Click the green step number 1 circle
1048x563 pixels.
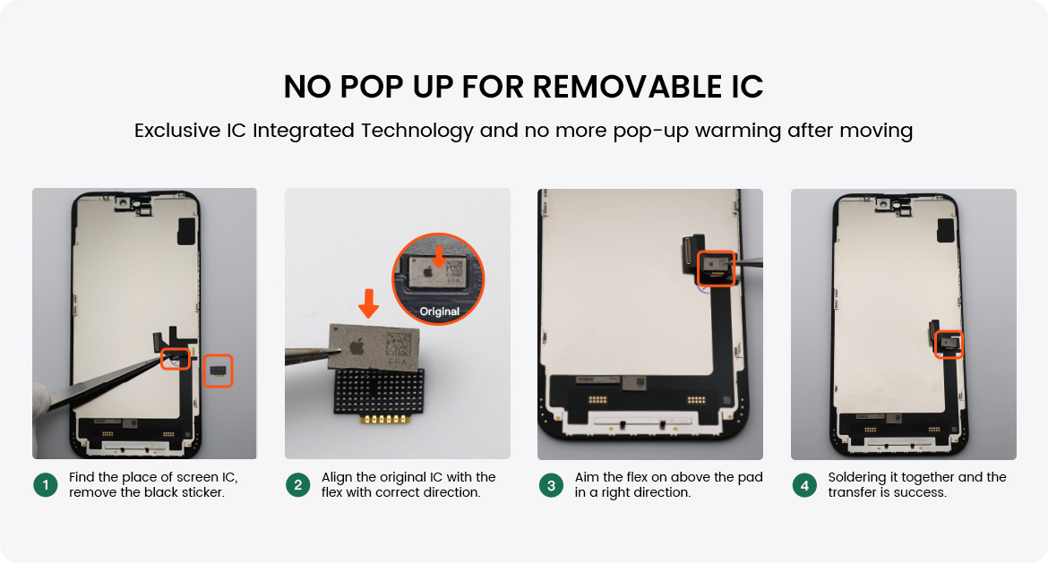pyautogui.click(x=46, y=485)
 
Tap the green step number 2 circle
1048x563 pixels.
pyautogui.click(x=298, y=485)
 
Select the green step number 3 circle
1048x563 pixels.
pyautogui.click(x=552, y=485)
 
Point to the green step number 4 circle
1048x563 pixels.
pyautogui.click(x=804, y=485)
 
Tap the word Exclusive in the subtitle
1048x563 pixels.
pyautogui.click(x=177, y=130)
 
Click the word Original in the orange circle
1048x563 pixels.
pyautogui.click(x=439, y=311)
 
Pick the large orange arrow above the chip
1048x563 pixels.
pyautogui.click(x=368, y=303)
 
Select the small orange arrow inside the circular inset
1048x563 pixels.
pyautogui.click(x=438, y=257)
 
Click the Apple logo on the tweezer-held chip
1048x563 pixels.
pyautogui.click(x=356, y=346)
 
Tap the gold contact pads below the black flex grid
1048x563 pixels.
pyautogui.click(x=379, y=419)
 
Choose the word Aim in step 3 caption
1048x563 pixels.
pyautogui.click(x=587, y=477)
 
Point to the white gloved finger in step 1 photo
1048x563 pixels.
pyautogui.click(x=41, y=399)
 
